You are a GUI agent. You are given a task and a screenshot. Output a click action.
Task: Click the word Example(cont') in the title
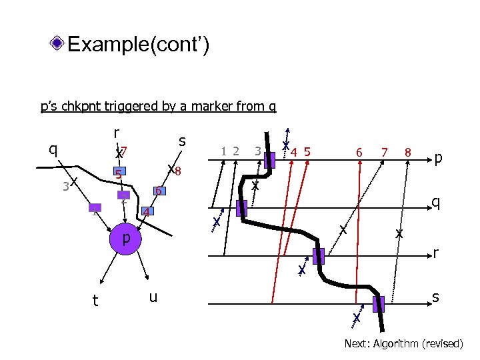click(139, 45)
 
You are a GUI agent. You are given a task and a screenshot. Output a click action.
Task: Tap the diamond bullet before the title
click(59, 45)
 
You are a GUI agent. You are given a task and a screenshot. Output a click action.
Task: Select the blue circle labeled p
click(125, 238)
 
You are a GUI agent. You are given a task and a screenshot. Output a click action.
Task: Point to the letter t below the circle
click(95, 301)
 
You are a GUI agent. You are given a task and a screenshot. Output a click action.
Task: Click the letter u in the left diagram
click(153, 297)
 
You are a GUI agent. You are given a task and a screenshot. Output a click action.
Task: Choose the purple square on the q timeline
click(241, 208)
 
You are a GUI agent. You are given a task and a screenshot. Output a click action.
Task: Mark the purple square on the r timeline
click(318, 256)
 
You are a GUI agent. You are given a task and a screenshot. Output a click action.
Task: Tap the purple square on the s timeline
click(378, 304)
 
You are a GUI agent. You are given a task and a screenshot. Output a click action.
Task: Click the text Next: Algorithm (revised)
click(403, 343)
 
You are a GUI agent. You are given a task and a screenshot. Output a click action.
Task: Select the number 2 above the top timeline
click(235, 151)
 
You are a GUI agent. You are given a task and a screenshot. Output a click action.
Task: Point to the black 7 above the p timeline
click(384, 153)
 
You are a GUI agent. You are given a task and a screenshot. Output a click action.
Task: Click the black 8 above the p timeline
click(407, 153)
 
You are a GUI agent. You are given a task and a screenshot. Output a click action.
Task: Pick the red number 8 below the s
click(179, 172)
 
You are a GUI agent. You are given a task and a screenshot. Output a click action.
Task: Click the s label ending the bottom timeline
click(435, 297)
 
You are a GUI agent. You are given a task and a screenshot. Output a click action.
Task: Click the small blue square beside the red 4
click(148, 212)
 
